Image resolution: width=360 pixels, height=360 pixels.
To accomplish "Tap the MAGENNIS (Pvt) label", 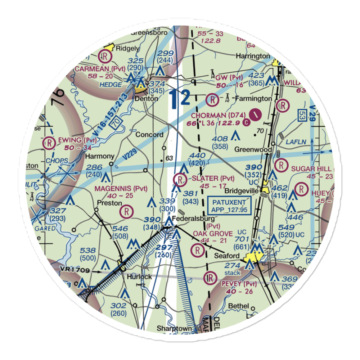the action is point(121,188).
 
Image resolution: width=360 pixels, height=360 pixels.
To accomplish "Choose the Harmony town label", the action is point(100,157).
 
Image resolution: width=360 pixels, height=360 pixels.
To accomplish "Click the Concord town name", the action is point(149,135).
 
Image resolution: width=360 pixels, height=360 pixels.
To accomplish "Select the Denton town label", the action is point(146,98).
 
